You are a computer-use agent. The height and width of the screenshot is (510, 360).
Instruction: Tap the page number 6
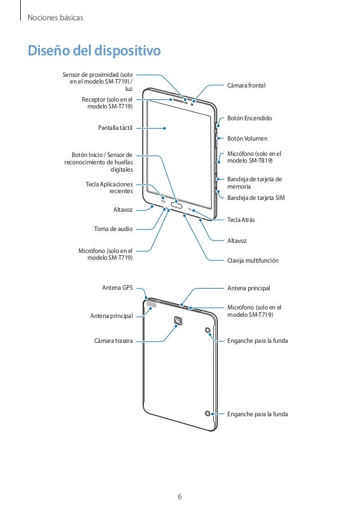point(179,497)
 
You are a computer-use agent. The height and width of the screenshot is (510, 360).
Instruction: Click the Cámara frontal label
point(245,85)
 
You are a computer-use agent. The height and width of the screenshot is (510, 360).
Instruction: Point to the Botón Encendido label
point(249,119)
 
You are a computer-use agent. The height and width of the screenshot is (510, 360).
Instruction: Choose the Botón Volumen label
point(247,138)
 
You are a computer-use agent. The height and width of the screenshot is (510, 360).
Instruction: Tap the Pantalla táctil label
point(115,128)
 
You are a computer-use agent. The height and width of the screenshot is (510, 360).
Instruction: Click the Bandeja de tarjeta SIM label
point(256,198)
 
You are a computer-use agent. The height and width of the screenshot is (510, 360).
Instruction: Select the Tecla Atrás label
point(240,219)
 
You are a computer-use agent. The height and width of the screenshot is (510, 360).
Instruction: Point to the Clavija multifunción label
point(253,261)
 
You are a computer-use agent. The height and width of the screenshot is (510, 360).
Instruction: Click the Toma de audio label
point(113,229)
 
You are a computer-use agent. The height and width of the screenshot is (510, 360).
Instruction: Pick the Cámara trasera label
point(113,341)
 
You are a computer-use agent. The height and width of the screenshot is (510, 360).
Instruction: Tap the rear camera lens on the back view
point(178,321)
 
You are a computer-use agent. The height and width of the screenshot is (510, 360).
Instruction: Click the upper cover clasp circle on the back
point(208,330)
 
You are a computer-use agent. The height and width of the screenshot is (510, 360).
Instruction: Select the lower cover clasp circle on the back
point(208,413)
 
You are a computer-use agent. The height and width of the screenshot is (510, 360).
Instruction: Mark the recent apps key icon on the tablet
point(163,201)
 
